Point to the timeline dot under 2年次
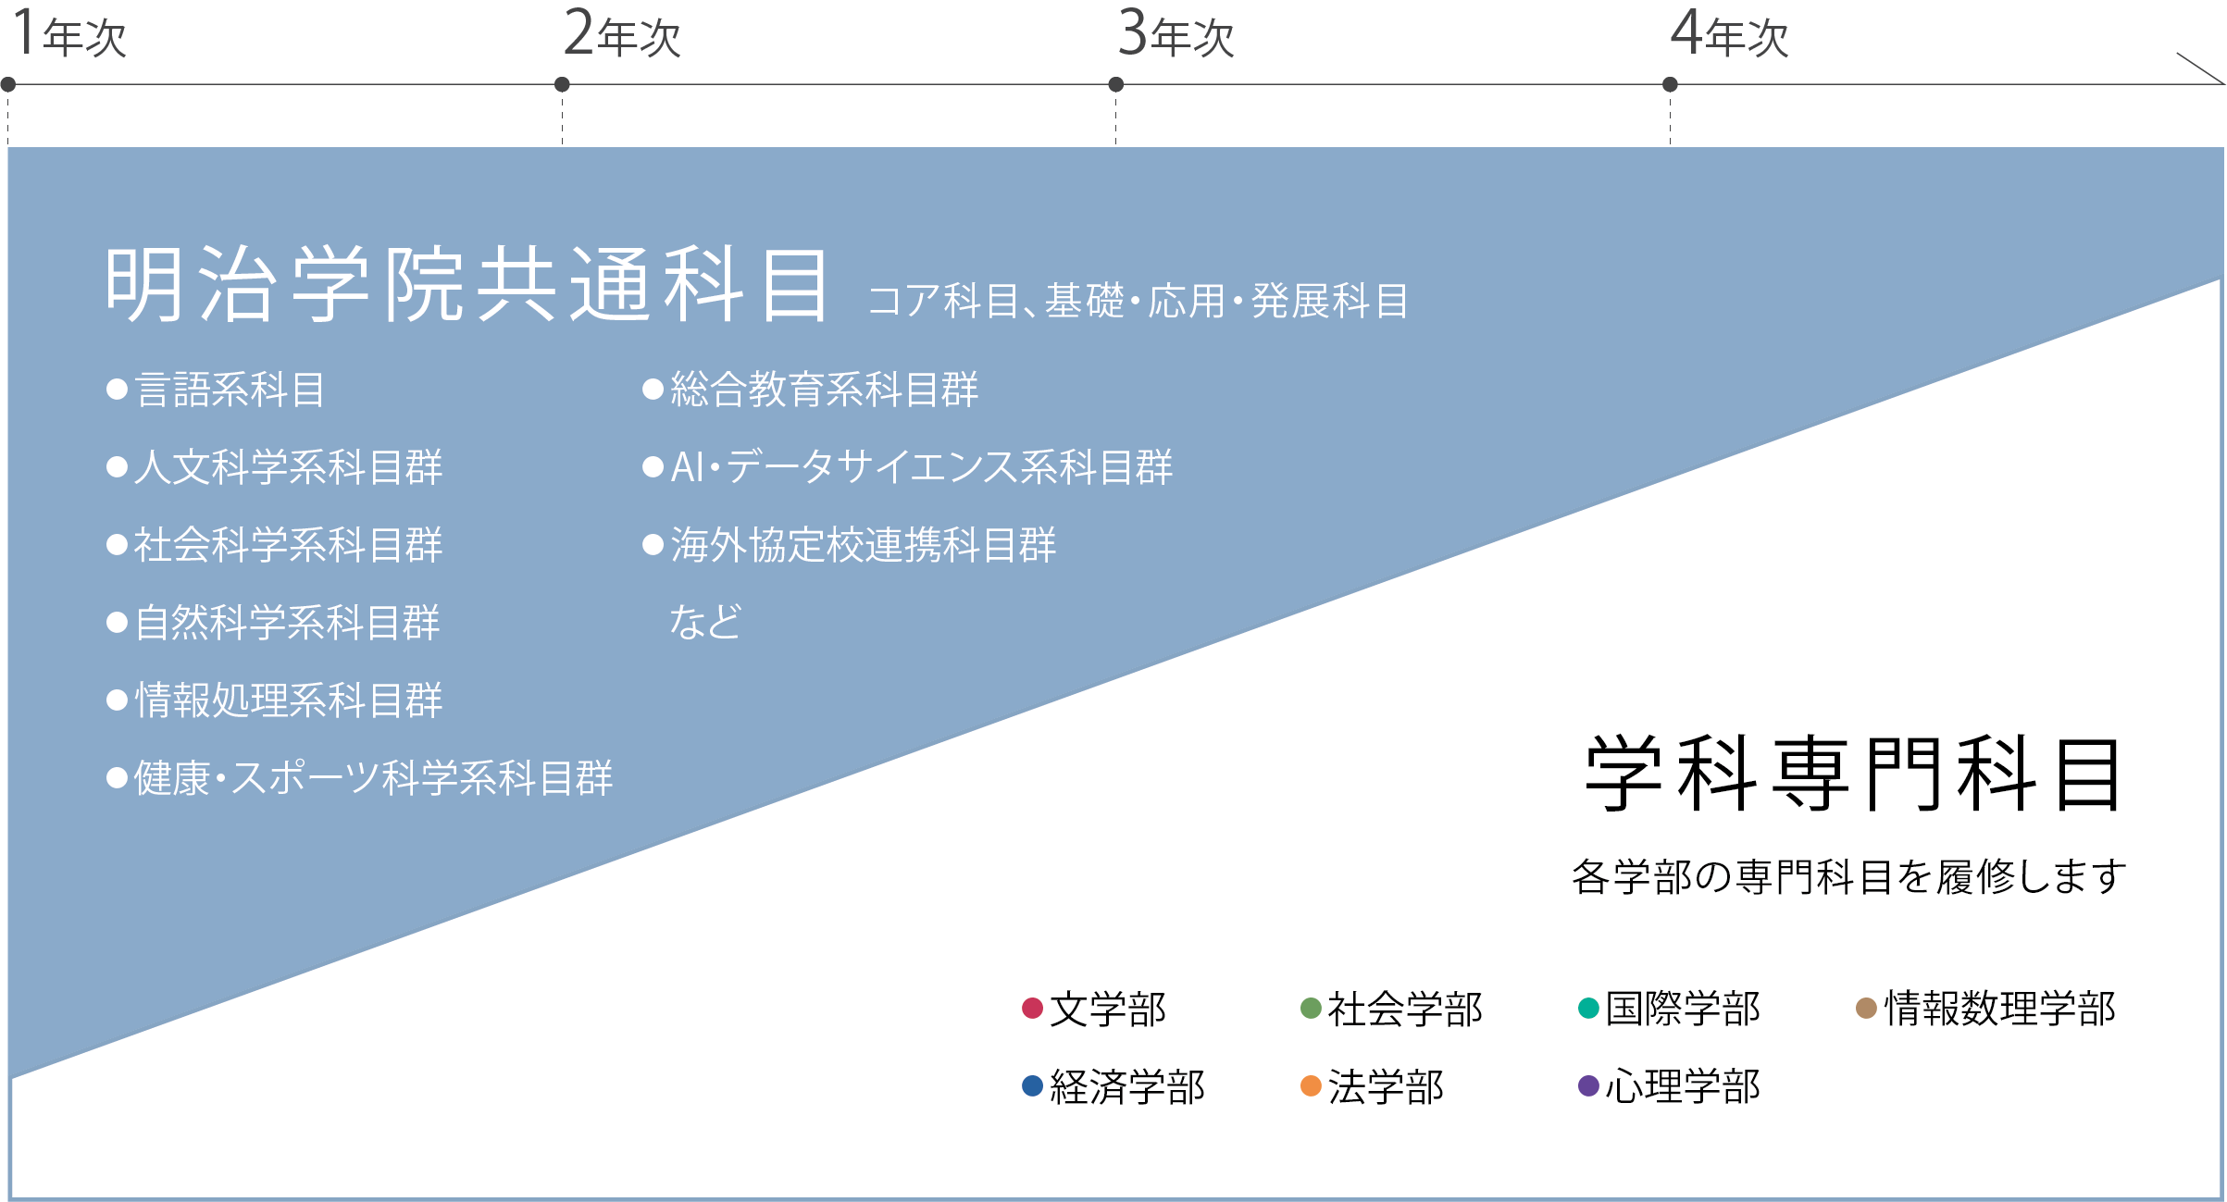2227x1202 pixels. point(562,85)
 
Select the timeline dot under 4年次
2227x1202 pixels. point(1670,85)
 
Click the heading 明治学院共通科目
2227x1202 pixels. point(467,284)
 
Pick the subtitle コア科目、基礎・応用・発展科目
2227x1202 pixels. point(1138,301)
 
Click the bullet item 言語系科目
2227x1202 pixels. point(230,390)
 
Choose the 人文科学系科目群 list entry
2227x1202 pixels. point(289,467)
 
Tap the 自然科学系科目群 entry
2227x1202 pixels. point(288,623)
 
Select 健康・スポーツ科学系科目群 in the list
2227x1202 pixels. point(374,778)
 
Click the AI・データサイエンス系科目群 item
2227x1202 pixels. point(922,467)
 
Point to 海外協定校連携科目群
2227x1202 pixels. point(864,545)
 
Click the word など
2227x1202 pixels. point(706,623)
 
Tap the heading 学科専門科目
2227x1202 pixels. point(1854,774)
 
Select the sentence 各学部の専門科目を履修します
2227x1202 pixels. point(1849,877)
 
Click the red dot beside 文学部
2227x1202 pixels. point(1033,1009)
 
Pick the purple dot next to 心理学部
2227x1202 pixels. point(1589,1086)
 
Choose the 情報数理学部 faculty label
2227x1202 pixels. point(2000,1009)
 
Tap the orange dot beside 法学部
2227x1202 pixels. point(1311,1086)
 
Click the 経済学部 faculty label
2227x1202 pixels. point(1127,1086)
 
